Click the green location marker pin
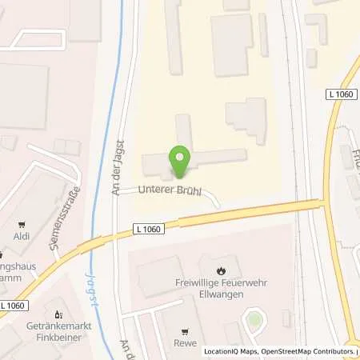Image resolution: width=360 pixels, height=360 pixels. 180,161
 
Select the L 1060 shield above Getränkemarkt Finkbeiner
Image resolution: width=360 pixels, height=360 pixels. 14,306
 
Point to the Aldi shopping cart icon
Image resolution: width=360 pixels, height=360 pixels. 29,225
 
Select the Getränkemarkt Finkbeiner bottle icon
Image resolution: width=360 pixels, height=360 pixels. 58,314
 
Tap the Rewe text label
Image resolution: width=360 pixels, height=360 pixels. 185,345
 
